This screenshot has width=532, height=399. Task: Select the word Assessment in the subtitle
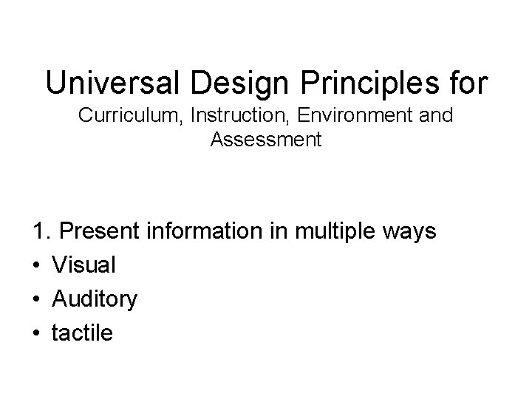click(266, 139)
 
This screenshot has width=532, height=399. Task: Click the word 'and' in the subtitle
click(437, 116)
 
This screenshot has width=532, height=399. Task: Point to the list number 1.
click(40, 232)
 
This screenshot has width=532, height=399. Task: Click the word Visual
click(83, 265)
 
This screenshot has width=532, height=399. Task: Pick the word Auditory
click(95, 299)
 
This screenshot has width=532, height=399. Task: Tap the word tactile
click(82, 332)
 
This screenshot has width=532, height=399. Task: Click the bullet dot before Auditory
click(38, 299)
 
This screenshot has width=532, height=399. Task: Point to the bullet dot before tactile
click(38, 333)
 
